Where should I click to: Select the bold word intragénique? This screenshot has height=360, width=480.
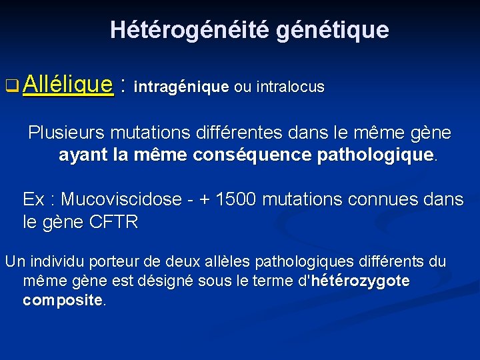(x=181, y=87)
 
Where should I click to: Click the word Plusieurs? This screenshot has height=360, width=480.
(x=62, y=133)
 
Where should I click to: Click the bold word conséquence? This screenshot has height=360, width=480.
(x=261, y=156)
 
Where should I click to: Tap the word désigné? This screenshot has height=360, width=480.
(x=159, y=281)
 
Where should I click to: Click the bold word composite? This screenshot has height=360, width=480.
(x=63, y=300)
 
